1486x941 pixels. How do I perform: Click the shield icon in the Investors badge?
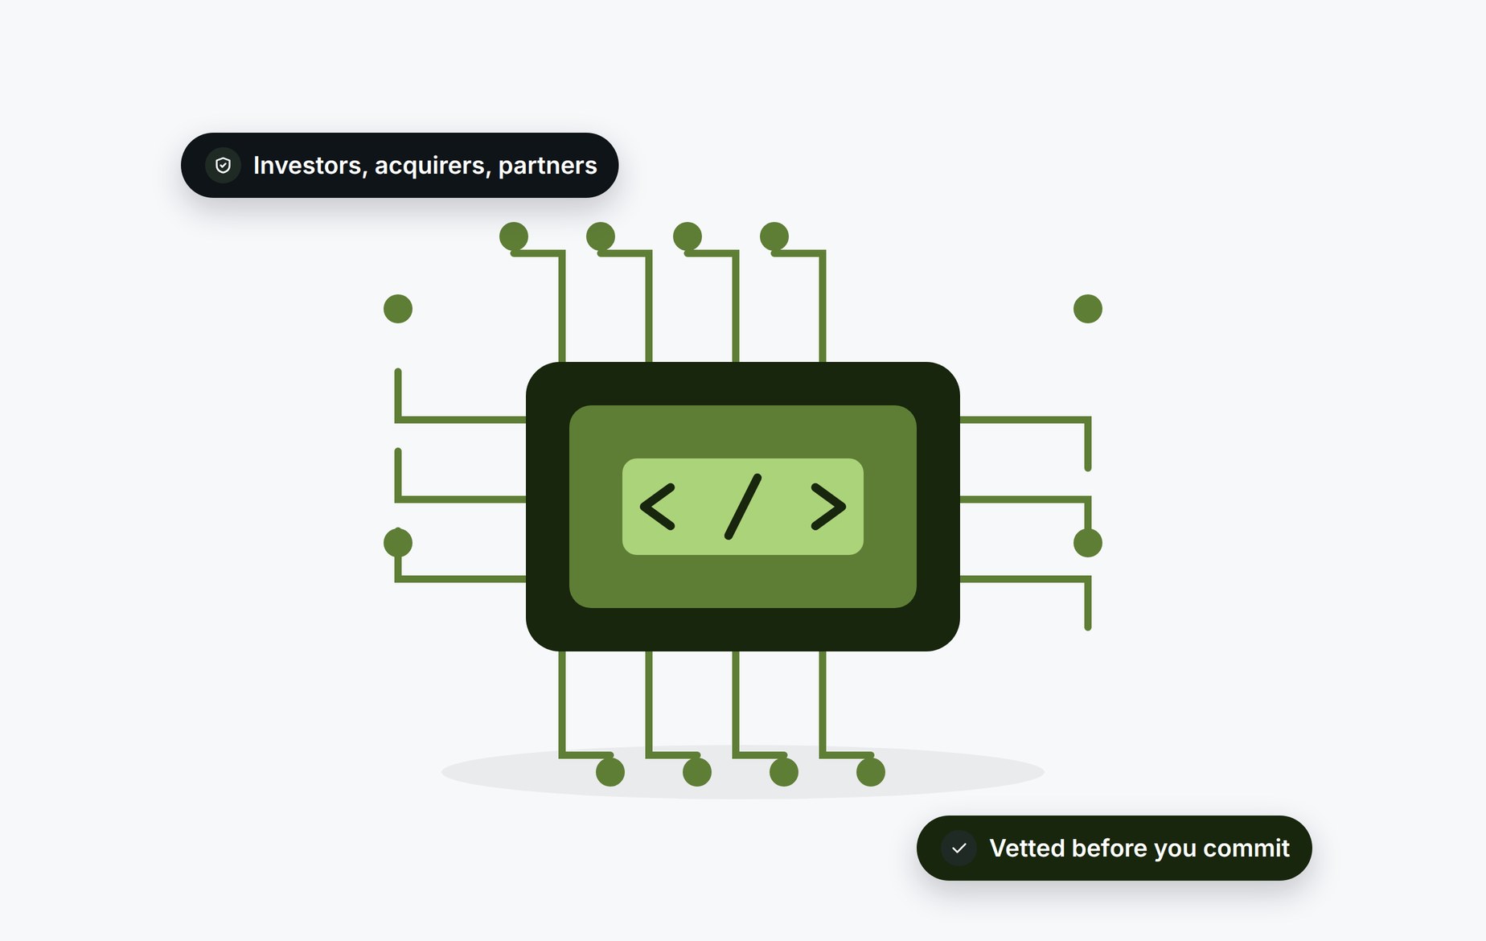[x=224, y=166]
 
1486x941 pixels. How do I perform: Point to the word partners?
[x=548, y=166]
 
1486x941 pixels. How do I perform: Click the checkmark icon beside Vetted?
[x=959, y=849]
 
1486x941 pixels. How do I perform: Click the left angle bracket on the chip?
[x=657, y=507]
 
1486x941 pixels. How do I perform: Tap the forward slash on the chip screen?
[x=743, y=507]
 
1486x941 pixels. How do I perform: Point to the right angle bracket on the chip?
[x=829, y=507]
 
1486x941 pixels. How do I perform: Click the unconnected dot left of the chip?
[x=398, y=309]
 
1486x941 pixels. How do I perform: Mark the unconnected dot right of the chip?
[x=1088, y=309]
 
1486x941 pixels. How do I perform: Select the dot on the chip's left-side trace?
[x=398, y=543]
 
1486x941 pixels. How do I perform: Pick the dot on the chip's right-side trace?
[x=1088, y=543]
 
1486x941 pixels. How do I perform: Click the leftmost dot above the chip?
[x=514, y=236]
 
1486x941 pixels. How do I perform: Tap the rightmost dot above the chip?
[x=774, y=236]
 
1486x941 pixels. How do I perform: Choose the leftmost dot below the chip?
[x=610, y=772]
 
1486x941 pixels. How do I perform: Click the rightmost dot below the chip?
[x=871, y=772]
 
